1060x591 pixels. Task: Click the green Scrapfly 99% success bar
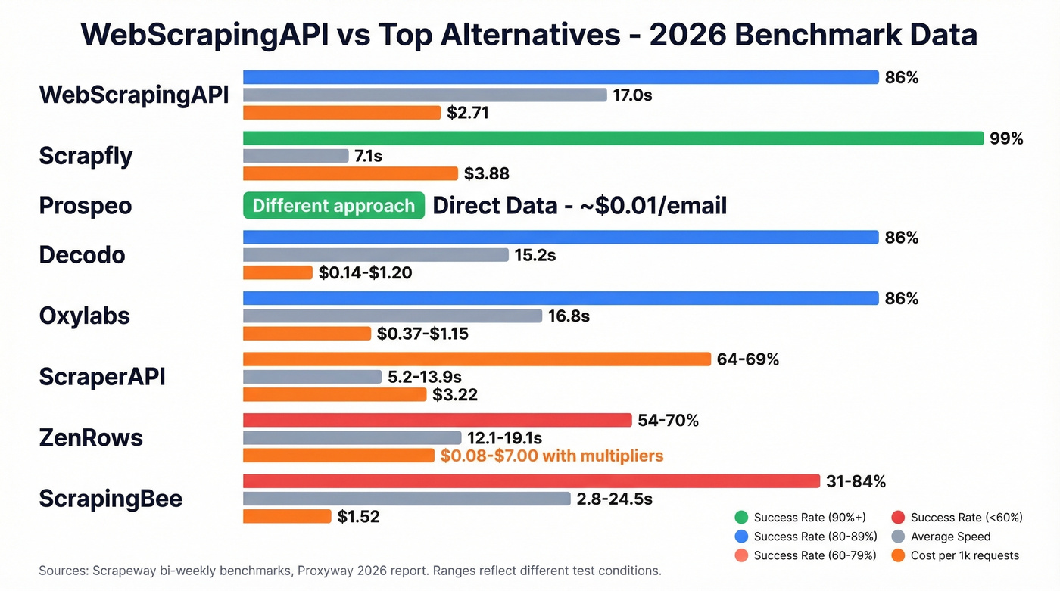(613, 138)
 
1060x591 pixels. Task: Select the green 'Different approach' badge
(333, 206)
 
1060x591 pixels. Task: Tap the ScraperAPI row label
(102, 377)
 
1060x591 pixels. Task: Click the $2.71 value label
(468, 114)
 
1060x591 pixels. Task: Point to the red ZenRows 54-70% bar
(437, 420)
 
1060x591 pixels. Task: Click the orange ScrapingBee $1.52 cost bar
(287, 516)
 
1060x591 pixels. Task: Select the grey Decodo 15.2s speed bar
(376, 255)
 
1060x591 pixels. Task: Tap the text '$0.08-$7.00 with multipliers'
(551, 456)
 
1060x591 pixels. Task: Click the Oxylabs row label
(84, 316)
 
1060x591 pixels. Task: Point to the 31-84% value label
(856, 481)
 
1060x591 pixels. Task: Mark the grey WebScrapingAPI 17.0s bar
(425, 95)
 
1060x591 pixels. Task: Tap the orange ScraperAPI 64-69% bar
(476, 359)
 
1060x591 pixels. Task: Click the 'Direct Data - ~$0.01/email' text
(579, 206)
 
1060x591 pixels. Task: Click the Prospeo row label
(86, 206)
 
